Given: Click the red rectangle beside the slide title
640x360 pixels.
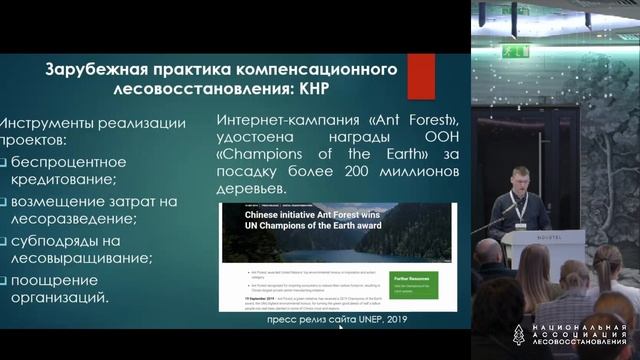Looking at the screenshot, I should [x=420, y=77].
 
